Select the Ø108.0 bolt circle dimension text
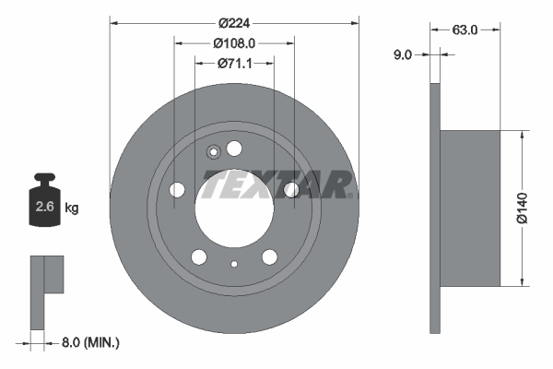234,42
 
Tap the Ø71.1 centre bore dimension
234,64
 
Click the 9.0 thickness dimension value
403,55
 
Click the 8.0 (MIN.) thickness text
90,342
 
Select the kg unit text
71,208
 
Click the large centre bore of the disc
233,203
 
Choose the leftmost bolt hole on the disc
177,190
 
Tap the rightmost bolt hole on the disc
291,190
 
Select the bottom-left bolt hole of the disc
198,257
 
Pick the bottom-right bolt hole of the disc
269,257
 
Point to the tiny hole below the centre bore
234,266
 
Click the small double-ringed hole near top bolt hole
212,153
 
